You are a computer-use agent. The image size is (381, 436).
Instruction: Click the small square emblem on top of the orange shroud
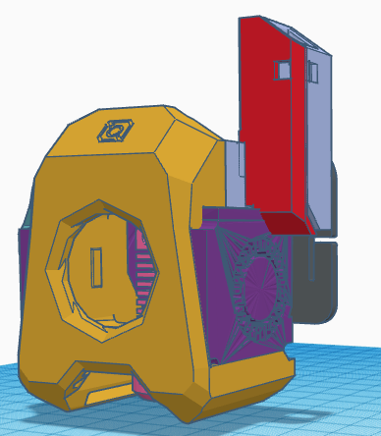point(114,130)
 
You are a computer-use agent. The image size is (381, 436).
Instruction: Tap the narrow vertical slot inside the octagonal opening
point(96,268)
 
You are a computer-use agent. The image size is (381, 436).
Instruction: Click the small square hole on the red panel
point(284,70)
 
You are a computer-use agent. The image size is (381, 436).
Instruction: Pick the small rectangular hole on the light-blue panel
point(313,72)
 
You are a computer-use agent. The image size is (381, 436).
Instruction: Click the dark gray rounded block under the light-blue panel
point(320,275)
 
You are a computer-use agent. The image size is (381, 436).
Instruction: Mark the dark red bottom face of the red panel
point(285,223)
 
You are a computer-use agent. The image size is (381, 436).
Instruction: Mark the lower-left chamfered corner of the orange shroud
point(44,388)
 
